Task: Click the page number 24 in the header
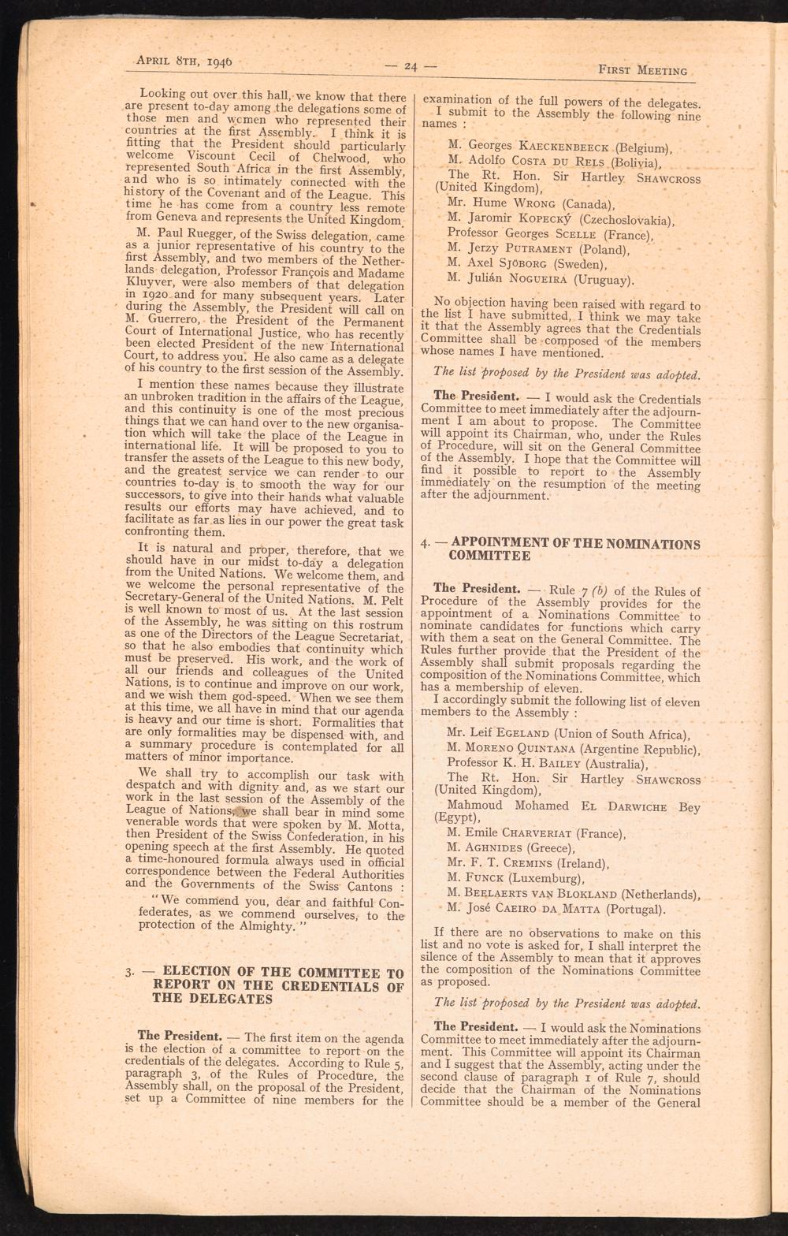[x=410, y=66]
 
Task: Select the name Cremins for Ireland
[x=540, y=863]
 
